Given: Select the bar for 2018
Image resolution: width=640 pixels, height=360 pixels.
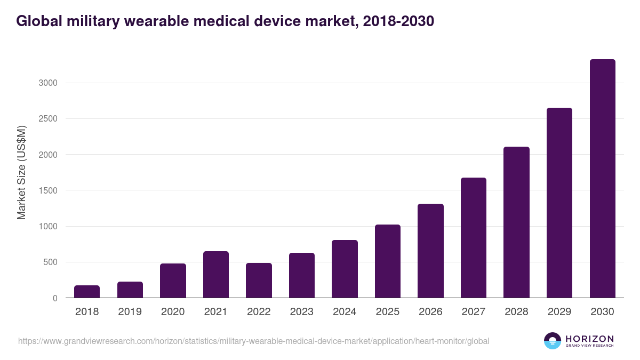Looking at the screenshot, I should pyautogui.click(x=87, y=291).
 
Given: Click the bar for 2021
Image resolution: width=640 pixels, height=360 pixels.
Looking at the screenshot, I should pyautogui.click(x=215, y=274).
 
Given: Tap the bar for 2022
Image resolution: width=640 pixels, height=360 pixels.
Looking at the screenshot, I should pyautogui.click(x=259, y=280).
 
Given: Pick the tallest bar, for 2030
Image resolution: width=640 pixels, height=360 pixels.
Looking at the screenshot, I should pyautogui.click(x=602, y=178).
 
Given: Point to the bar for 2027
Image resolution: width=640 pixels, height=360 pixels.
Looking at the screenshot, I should pyautogui.click(x=473, y=237).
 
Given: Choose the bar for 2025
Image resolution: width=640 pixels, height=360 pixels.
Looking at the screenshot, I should pyautogui.click(x=387, y=261).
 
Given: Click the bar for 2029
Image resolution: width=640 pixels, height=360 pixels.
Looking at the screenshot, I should pyautogui.click(x=559, y=203).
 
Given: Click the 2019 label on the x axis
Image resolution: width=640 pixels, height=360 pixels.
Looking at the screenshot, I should pyautogui.click(x=130, y=312).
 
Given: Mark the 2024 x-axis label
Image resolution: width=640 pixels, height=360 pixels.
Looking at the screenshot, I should pyautogui.click(x=345, y=312).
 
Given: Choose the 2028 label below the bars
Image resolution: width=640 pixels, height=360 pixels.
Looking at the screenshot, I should pyautogui.click(x=516, y=312).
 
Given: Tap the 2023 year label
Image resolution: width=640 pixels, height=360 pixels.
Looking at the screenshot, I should pyautogui.click(x=301, y=312).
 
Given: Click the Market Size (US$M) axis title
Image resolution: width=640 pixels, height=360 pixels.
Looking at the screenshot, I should pyautogui.click(x=22, y=172).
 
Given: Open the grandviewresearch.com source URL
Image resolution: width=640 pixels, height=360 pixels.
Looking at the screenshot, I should pyautogui.click(x=253, y=341).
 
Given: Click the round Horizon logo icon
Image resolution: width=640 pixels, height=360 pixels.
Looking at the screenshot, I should pyautogui.click(x=552, y=341).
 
